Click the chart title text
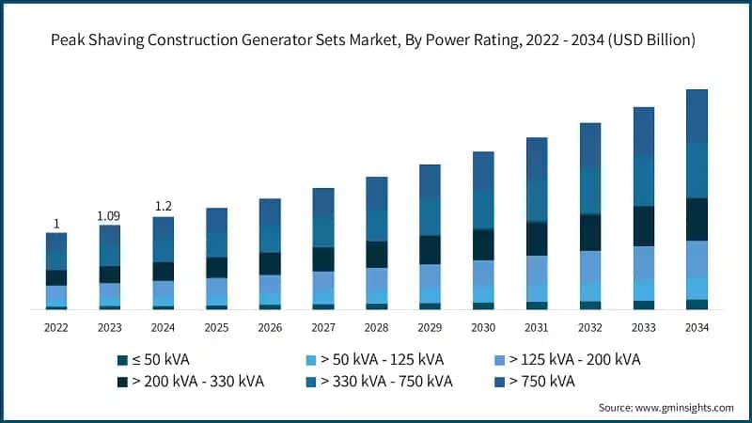[376, 40]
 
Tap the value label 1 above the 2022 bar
[56, 224]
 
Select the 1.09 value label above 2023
[109, 216]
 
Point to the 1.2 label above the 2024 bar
[163, 207]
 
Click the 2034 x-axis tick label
[697, 328]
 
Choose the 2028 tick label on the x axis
[376, 328]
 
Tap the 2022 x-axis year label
[56, 328]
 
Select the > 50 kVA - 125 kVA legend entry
[374, 360]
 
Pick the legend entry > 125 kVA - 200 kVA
[567, 360]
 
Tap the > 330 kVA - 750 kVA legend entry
[381, 382]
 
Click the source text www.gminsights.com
[666, 408]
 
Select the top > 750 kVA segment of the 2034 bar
[697, 116]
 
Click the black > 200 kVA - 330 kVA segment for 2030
[483, 244]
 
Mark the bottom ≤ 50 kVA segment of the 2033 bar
[643, 305]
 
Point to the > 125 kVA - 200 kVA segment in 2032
[590, 266]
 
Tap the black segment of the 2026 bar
[270, 263]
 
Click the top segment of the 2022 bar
[56, 242]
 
